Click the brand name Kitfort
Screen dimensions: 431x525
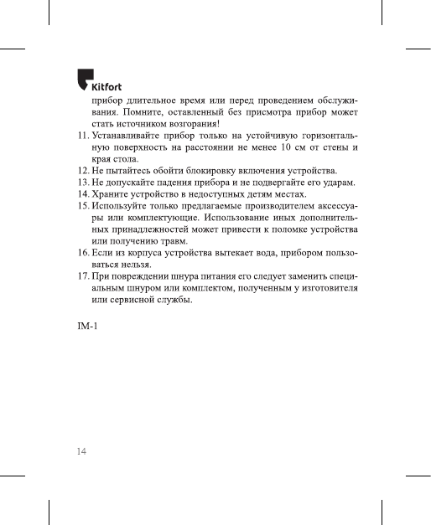(x=110, y=85)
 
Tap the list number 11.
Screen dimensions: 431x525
(x=82, y=135)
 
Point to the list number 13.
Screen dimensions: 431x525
(x=82, y=183)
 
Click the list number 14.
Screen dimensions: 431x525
(x=82, y=194)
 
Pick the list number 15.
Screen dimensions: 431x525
(x=82, y=206)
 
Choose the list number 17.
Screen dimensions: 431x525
(x=82, y=277)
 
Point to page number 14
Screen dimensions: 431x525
(x=82, y=450)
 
